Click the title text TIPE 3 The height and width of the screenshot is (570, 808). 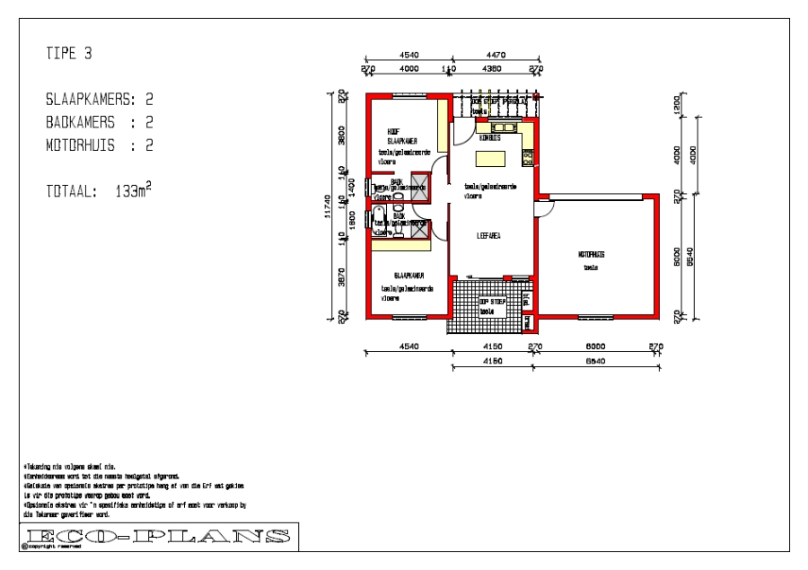click(x=68, y=55)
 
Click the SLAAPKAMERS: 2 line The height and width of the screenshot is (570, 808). click(x=100, y=99)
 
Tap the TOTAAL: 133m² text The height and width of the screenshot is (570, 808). click(x=99, y=190)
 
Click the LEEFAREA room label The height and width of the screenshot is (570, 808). click(x=488, y=235)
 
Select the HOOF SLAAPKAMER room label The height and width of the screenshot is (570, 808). click(x=400, y=136)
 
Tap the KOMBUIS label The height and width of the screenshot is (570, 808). click(x=490, y=137)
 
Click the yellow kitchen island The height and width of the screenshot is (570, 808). click(x=490, y=159)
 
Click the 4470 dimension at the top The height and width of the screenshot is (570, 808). click(x=495, y=56)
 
